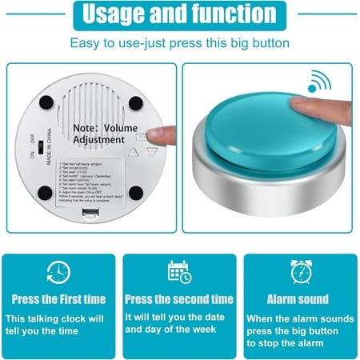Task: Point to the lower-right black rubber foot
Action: [136, 193]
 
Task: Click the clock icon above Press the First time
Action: [58, 271]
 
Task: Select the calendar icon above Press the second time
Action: [179, 271]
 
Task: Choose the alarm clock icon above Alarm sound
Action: [301, 271]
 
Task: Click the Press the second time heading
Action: [179, 299]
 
